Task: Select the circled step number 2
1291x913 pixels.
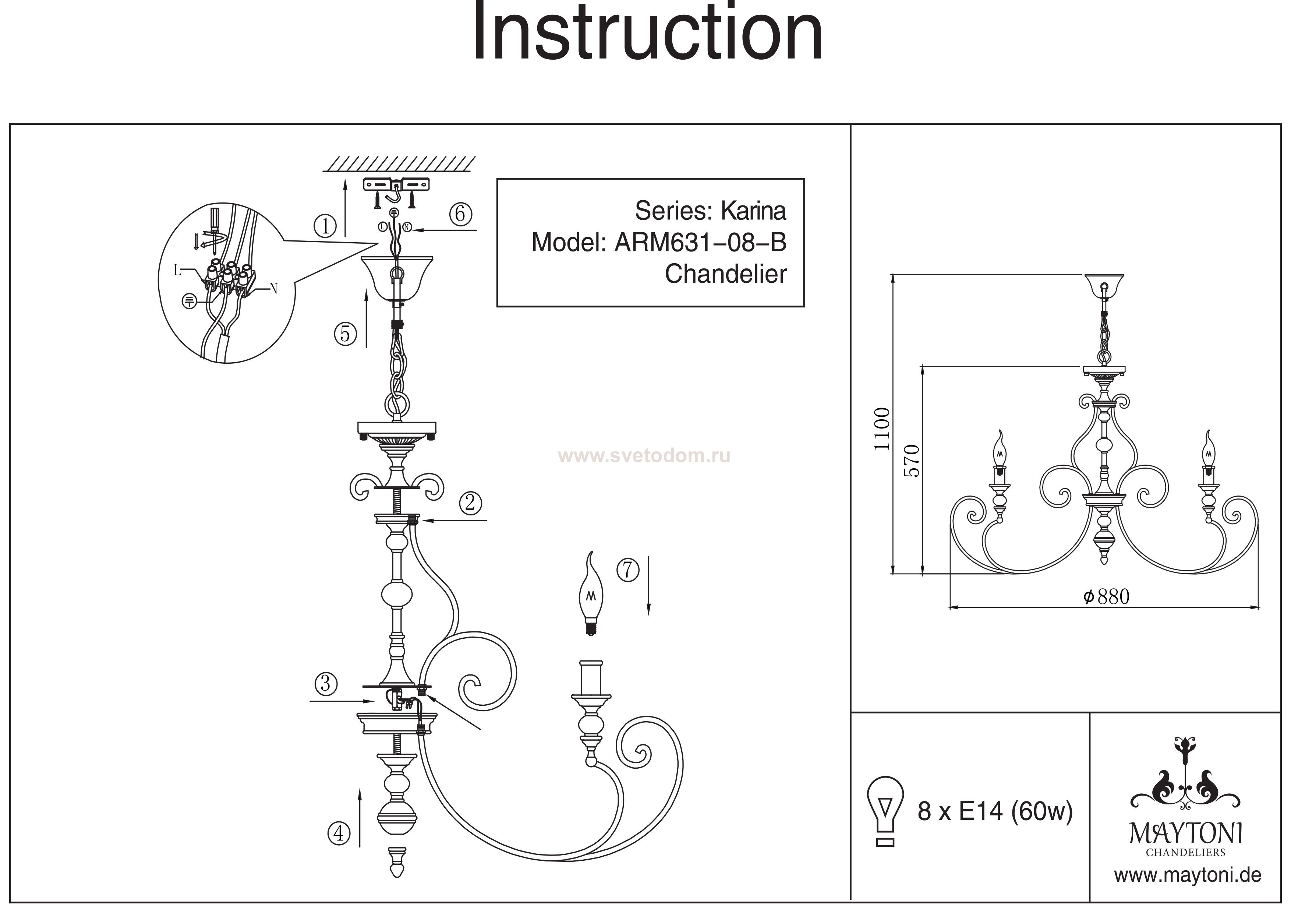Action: pyautogui.click(x=470, y=503)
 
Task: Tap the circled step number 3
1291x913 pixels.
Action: pyautogui.click(x=326, y=684)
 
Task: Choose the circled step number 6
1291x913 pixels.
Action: pyautogui.click(x=460, y=214)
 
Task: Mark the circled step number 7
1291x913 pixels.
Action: pyautogui.click(x=628, y=570)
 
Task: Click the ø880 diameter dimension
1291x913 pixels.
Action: pyautogui.click(x=1106, y=596)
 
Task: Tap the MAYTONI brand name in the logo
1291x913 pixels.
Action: pyautogui.click(x=1186, y=833)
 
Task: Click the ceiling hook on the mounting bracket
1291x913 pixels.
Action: pyautogui.click(x=397, y=192)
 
